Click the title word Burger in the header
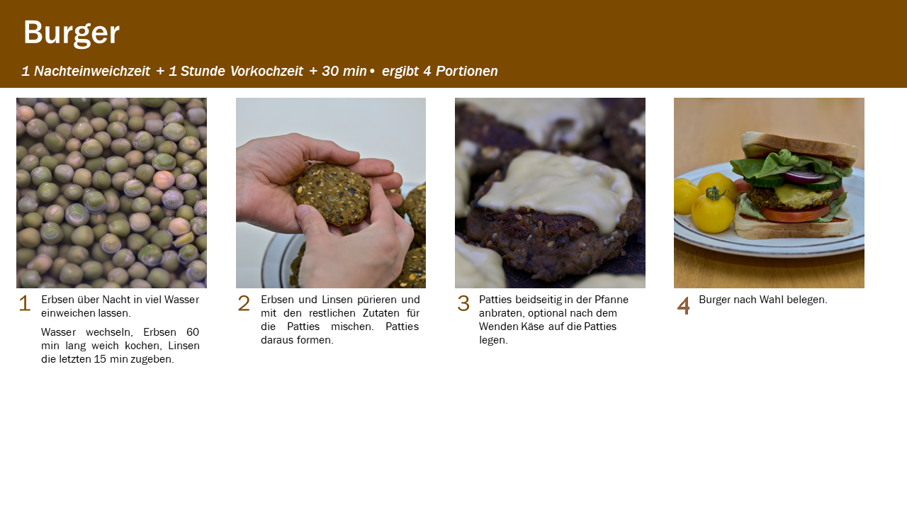click(x=72, y=33)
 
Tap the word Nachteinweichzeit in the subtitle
click(x=92, y=72)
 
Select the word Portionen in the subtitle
click(x=467, y=72)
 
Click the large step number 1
click(x=25, y=303)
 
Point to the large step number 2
click(x=244, y=303)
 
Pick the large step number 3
click(x=463, y=303)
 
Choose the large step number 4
click(x=684, y=305)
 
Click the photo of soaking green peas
click(x=111, y=193)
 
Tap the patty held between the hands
click(x=332, y=193)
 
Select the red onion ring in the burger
click(x=804, y=176)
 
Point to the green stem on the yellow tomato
click(x=715, y=193)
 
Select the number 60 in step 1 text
click(x=193, y=332)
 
